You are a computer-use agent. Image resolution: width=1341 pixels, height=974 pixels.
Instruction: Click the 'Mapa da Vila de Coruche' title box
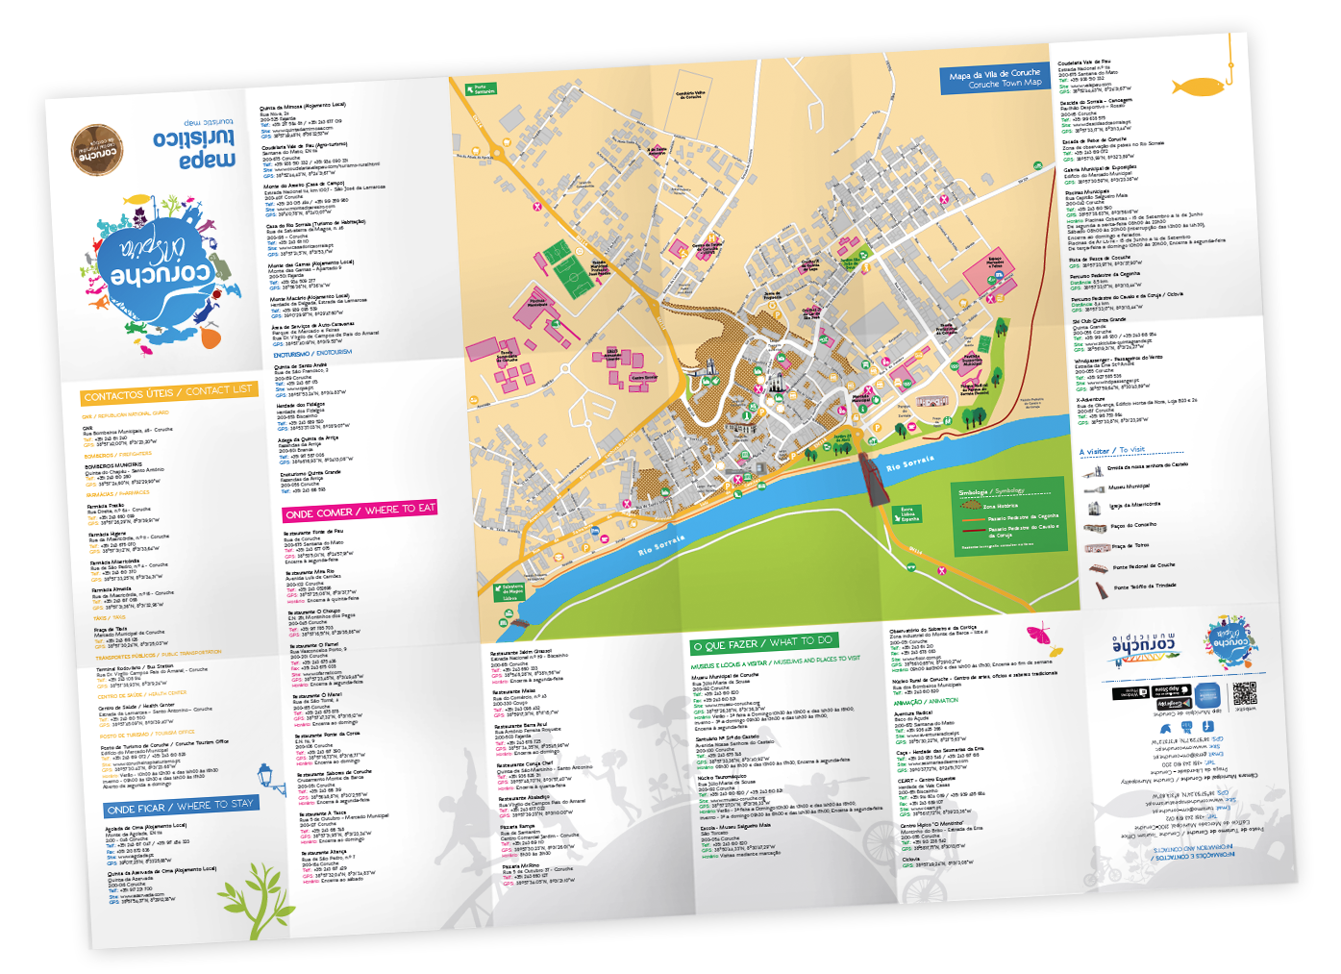click(994, 78)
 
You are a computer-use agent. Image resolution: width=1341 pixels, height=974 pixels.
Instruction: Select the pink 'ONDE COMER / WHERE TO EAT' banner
click(360, 511)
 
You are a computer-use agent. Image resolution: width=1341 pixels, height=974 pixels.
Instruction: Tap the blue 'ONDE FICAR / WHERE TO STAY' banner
click(181, 806)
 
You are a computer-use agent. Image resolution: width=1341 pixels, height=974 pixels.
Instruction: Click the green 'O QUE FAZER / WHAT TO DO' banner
click(762, 642)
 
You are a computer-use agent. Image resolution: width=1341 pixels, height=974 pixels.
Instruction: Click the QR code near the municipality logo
click(1245, 693)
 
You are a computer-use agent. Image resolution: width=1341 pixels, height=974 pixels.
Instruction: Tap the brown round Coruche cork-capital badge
click(98, 151)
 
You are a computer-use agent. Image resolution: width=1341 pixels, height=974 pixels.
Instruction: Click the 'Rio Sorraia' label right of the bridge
click(909, 464)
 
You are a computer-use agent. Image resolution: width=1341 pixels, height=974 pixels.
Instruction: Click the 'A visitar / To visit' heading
click(1112, 450)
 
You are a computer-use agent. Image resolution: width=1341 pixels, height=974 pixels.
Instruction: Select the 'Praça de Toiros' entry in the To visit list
click(1130, 546)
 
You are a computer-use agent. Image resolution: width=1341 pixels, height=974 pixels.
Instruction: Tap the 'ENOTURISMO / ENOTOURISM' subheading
click(312, 354)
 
